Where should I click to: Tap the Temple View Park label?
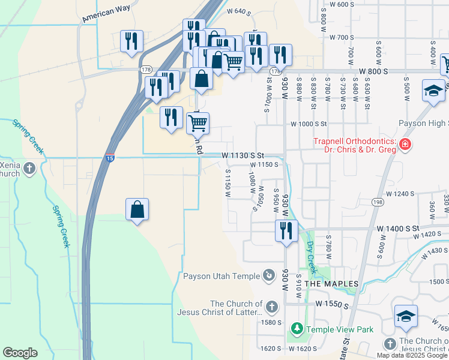click(x=340, y=329)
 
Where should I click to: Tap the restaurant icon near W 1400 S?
click(x=286, y=230)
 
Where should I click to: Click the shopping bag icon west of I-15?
click(x=137, y=209)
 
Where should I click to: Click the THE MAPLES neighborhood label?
click(x=331, y=283)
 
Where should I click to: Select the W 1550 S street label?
click(x=331, y=305)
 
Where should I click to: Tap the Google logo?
click(x=20, y=352)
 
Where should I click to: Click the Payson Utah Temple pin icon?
click(x=270, y=276)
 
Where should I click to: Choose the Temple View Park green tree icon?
click(x=297, y=329)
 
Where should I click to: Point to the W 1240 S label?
click(x=400, y=194)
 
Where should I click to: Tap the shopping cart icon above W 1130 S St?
click(x=197, y=124)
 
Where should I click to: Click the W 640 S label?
click(x=238, y=11)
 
